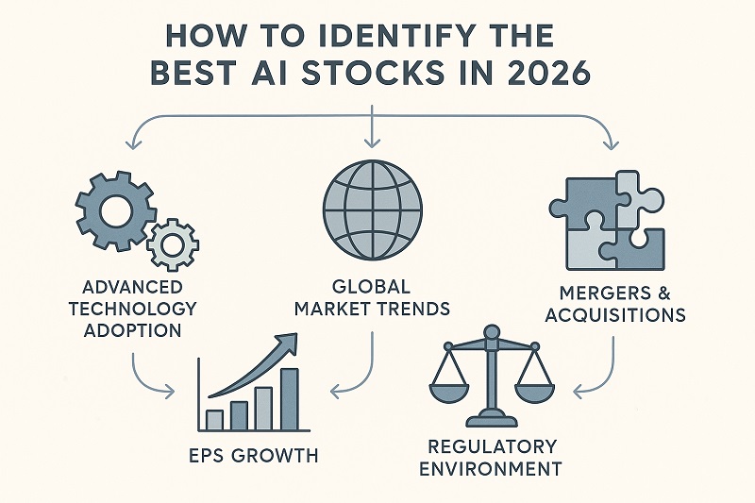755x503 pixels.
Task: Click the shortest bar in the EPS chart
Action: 214,418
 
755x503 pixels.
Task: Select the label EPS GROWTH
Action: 252,456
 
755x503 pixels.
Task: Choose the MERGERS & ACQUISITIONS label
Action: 616,303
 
